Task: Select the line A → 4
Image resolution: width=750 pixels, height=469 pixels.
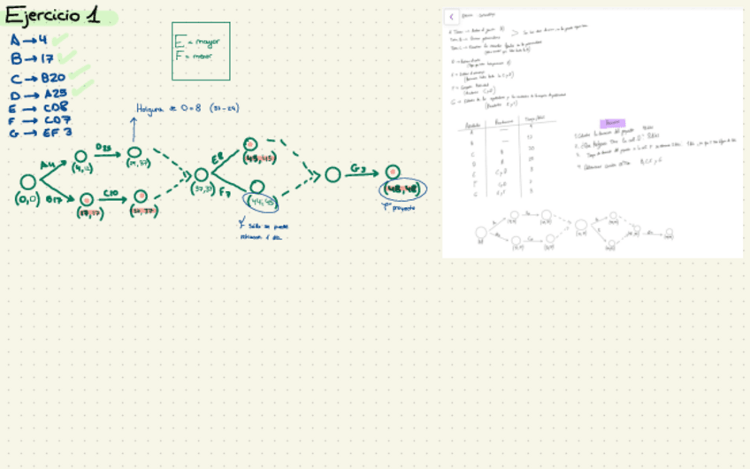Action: click(29, 41)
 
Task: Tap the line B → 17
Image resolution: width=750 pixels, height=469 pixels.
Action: click(32, 59)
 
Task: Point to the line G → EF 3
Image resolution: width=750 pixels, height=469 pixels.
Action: click(40, 133)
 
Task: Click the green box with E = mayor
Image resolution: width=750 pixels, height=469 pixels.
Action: click(201, 50)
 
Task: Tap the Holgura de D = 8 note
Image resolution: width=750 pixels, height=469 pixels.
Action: click(187, 109)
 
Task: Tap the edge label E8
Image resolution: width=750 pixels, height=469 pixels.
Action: click(218, 158)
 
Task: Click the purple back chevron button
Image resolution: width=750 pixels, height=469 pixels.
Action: click(451, 17)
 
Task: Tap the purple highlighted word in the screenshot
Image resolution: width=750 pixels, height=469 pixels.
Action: click(612, 123)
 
